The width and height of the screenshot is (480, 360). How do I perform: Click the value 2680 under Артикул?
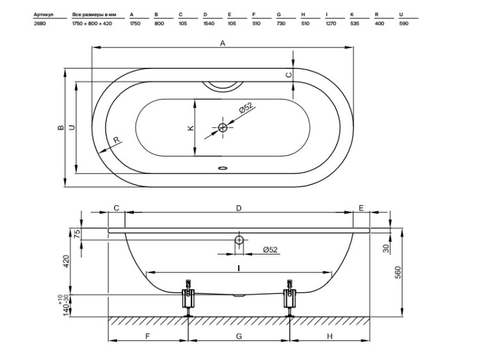tap(40, 24)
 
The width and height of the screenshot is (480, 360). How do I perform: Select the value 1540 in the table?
tap(209, 24)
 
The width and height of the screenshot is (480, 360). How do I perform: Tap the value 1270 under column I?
tap(331, 24)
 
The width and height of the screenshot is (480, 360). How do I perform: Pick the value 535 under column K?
tap(355, 24)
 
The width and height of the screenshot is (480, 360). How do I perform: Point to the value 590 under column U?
tap(404, 24)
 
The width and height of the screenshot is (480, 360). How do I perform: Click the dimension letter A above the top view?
tap(223, 43)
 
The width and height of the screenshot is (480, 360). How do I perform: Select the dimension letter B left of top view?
tap(61, 127)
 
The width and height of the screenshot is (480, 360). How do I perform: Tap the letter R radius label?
tap(116, 140)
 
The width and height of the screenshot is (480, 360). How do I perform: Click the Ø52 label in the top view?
tap(246, 108)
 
